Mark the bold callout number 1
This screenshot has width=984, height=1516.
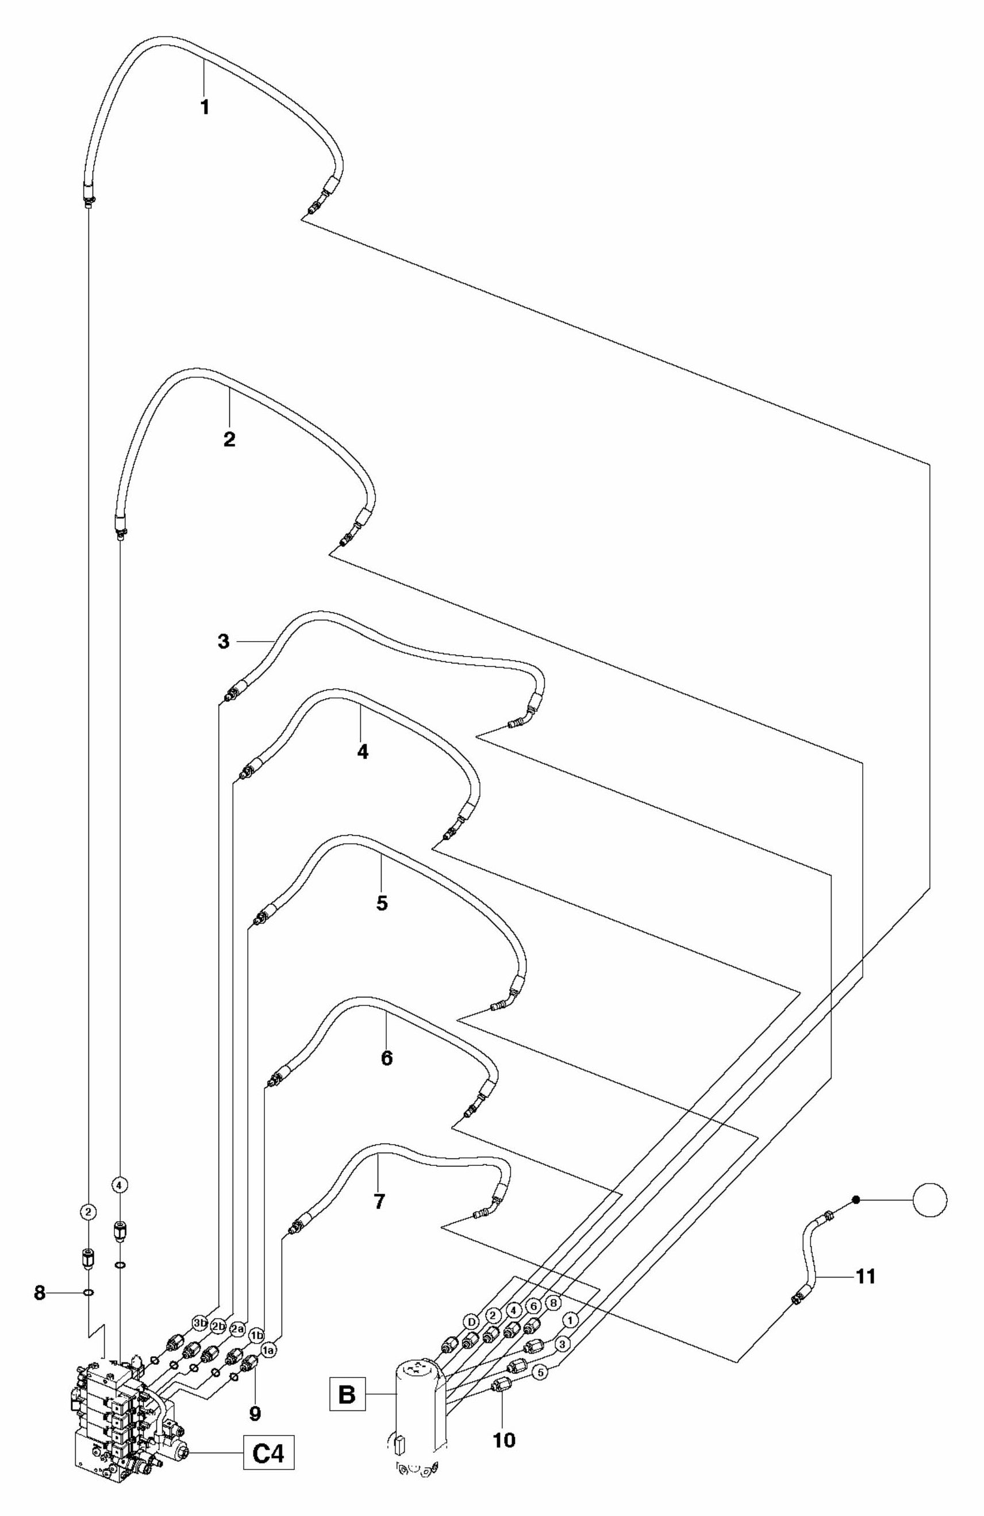(205, 108)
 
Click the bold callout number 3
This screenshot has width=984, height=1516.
(223, 642)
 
